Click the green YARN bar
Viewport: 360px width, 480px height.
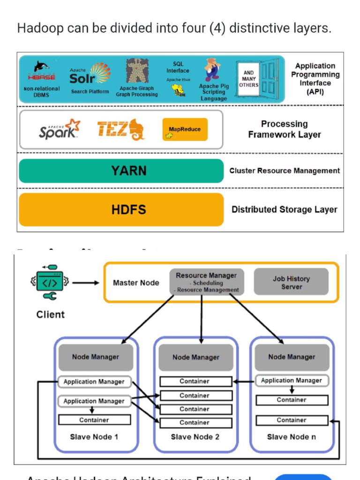(121, 171)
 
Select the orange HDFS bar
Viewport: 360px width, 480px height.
(121, 210)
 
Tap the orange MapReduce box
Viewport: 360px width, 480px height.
(185, 129)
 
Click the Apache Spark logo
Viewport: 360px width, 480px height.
(59, 129)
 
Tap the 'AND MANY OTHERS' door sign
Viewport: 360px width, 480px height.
(248, 79)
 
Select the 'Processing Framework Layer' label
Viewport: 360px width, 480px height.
(284, 129)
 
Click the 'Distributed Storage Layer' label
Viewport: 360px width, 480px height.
(284, 210)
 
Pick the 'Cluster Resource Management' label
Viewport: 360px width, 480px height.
(284, 171)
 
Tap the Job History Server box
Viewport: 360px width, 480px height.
(291, 282)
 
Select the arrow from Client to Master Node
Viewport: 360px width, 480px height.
(85, 283)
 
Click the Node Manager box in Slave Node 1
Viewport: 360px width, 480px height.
(95, 357)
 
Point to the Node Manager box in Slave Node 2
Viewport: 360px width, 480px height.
(195, 358)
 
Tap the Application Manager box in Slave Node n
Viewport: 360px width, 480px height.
(292, 381)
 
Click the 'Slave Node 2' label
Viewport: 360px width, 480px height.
(195, 437)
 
